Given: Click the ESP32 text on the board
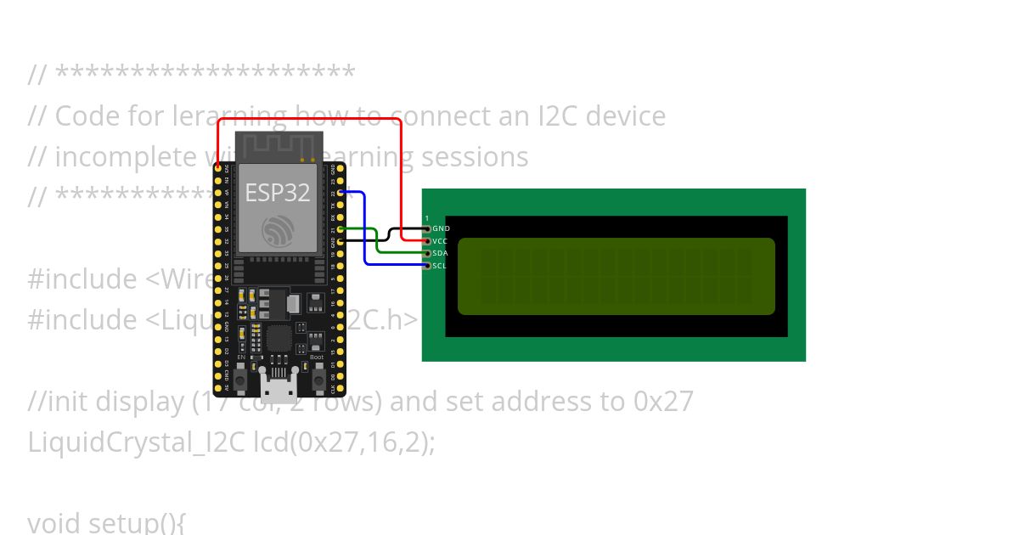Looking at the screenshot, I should (x=278, y=192).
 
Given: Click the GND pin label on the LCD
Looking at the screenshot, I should (x=441, y=228).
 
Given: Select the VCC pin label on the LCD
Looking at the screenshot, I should (x=440, y=241).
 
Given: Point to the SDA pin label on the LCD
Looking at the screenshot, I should (x=440, y=253).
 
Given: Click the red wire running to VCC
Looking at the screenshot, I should (x=310, y=119).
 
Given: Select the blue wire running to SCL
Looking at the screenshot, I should (x=365, y=229).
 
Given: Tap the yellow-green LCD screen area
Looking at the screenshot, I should (x=616, y=276).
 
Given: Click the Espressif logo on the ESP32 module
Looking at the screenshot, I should (x=278, y=229).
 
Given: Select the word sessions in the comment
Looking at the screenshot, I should (x=475, y=156).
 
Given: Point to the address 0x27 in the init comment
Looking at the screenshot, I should (x=663, y=401).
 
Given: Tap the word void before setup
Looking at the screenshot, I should (x=54, y=522).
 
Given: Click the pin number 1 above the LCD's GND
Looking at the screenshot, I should (x=426, y=218).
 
